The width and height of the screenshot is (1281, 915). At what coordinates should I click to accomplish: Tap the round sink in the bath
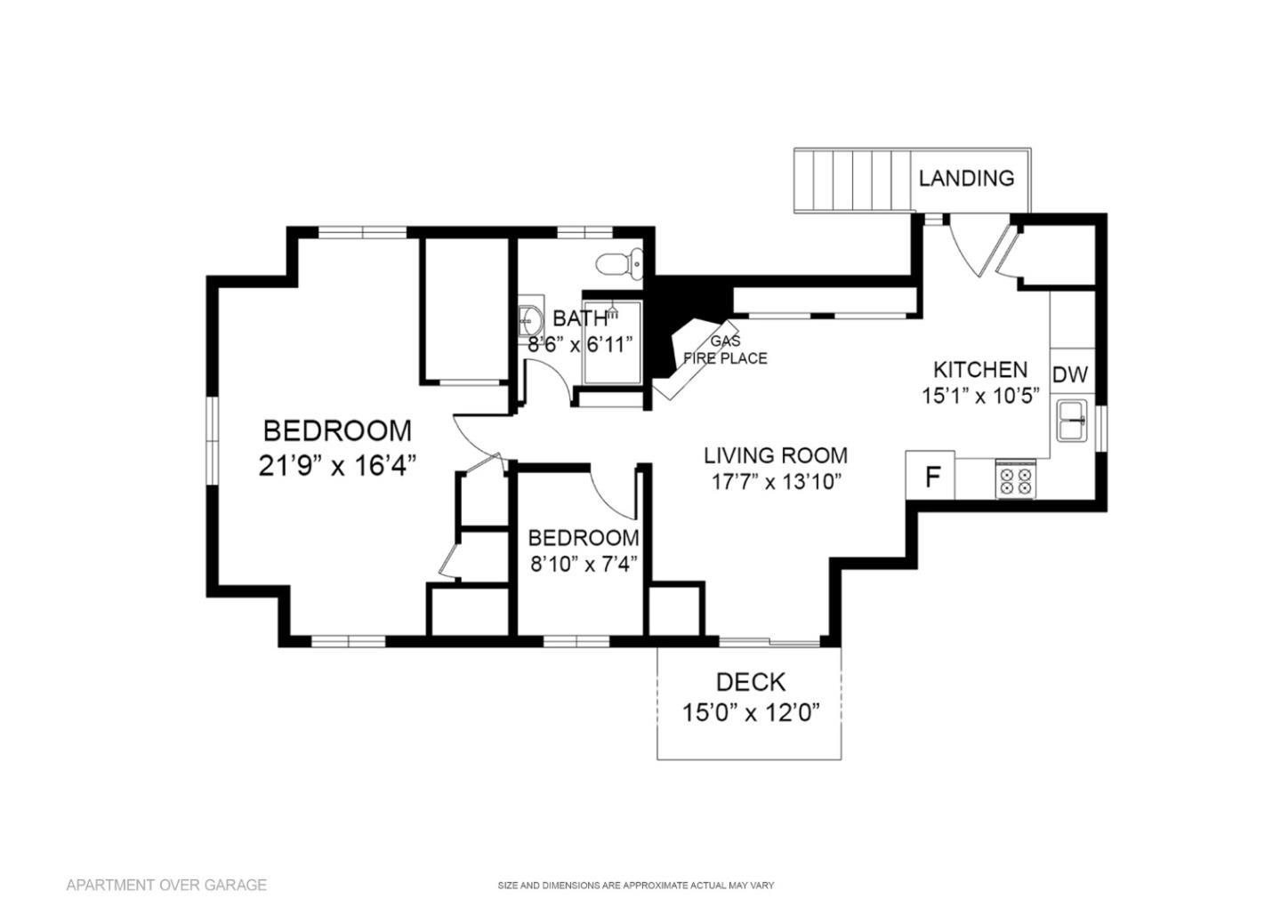(531, 317)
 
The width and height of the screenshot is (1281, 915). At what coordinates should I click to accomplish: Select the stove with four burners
(1015, 480)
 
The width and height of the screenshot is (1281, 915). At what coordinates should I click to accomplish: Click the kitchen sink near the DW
(1072, 420)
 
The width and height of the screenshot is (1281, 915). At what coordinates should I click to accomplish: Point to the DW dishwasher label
(1070, 375)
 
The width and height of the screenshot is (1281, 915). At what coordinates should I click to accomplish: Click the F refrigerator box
(931, 478)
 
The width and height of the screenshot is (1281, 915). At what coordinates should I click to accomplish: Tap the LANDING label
(966, 178)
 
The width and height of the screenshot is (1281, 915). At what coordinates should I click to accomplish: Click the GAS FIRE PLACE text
(724, 349)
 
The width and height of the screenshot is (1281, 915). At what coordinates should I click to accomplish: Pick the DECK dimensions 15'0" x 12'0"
(750, 713)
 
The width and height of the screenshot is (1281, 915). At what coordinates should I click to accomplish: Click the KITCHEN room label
(979, 369)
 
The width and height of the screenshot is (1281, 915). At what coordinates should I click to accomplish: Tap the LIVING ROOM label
(776, 456)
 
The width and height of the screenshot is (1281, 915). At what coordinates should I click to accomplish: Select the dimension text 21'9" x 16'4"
(337, 465)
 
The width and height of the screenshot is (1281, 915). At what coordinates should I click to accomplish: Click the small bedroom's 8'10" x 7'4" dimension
(583, 564)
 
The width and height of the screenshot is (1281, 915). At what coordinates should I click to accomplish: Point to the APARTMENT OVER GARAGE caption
(166, 885)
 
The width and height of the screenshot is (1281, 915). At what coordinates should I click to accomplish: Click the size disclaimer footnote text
(635, 886)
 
